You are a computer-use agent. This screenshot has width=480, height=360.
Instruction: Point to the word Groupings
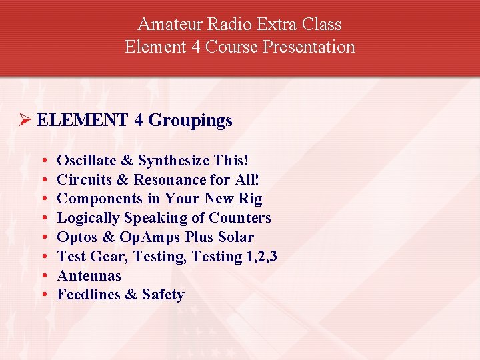click(190, 121)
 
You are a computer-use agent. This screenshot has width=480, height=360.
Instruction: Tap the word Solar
click(236, 237)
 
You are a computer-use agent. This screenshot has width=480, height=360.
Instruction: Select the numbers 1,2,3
click(261, 257)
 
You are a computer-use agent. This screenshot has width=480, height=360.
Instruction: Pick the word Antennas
click(89, 276)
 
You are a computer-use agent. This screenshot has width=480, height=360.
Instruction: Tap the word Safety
click(163, 295)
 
